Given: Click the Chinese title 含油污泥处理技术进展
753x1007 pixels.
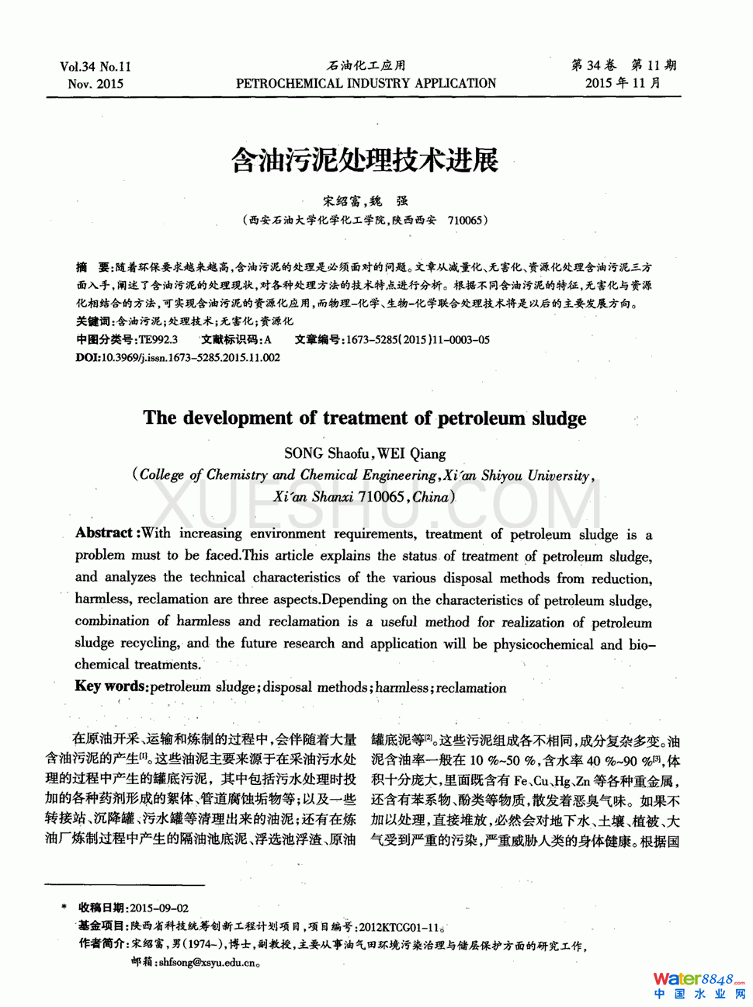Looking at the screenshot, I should pyautogui.click(x=364, y=160).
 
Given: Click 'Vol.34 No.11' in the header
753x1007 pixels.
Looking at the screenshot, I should pyautogui.click(x=95, y=67).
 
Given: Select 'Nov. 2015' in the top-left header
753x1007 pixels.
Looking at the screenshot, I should pyautogui.click(x=95, y=84).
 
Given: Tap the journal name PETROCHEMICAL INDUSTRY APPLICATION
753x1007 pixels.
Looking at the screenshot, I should pyautogui.click(x=366, y=83).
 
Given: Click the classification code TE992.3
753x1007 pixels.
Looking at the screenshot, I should pyautogui.click(x=158, y=339).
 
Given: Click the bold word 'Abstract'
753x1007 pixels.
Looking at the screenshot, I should pyautogui.click(x=104, y=533).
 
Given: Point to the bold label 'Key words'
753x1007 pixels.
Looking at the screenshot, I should pyautogui.click(x=110, y=686).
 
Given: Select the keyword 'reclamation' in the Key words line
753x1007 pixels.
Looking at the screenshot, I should pyautogui.click(x=471, y=687).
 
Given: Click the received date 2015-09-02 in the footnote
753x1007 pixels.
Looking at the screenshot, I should pyautogui.click(x=159, y=908).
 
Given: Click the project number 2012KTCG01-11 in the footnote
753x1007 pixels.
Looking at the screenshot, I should pyautogui.click(x=399, y=926).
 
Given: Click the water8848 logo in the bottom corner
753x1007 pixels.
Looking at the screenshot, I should pyautogui.click(x=698, y=984).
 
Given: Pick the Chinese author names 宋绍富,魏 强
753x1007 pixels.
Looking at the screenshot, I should pyautogui.click(x=365, y=201).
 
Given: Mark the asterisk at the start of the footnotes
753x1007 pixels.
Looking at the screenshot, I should pyautogui.click(x=64, y=908).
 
